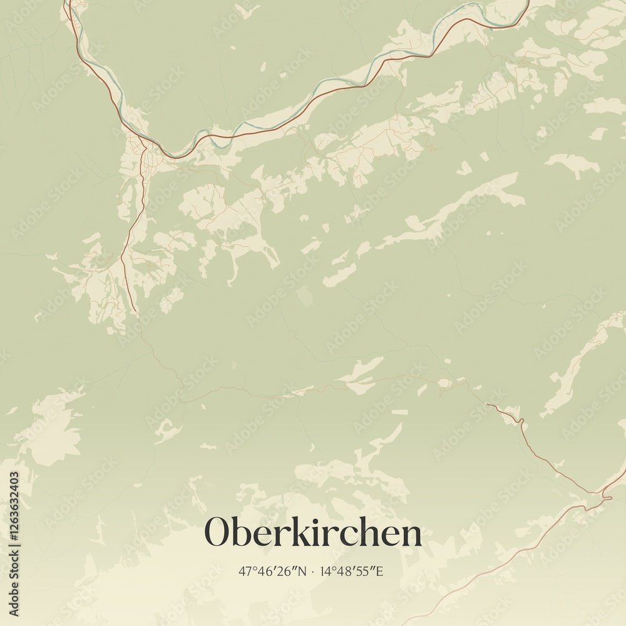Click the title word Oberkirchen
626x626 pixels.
(313, 533)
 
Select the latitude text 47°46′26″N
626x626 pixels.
(273, 572)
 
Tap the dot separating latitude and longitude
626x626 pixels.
(312, 572)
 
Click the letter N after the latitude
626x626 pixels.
(303, 572)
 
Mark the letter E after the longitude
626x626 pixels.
(379, 572)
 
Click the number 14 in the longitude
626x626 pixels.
(324, 572)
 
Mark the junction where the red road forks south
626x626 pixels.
(146, 147)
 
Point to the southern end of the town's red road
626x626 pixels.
(135, 310)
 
